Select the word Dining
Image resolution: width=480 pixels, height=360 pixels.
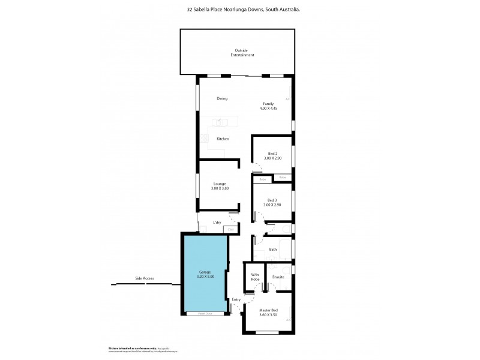pyautogui.click(x=222, y=98)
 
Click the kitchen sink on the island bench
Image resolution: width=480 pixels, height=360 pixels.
pyautogui.click(x=220, y=122)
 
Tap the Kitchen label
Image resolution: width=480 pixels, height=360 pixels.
pyautogui.click(x=223, y=139)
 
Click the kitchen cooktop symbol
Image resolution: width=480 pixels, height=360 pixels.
pyautogui.click(x=204, y=139)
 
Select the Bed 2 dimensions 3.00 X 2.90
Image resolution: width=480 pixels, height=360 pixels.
pyautogui.click(x=272, y=158)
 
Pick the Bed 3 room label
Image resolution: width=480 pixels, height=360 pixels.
pyautogui.click(x=272, y=200)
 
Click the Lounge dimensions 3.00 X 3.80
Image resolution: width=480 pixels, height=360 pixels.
pyautogui.click(x=220, y=189)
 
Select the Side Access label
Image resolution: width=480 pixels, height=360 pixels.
pyautogui.click(x=145, y=278)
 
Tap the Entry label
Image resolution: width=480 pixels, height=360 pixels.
pyautogui.click(x=236, y=299)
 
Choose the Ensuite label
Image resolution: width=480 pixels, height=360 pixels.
pyautogui.click(x=278, y=277)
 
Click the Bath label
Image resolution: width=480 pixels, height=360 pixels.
pyautogui.click(x=272, y=249)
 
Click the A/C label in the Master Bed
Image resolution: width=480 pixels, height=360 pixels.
pyautogui.click(x=288, y=320)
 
